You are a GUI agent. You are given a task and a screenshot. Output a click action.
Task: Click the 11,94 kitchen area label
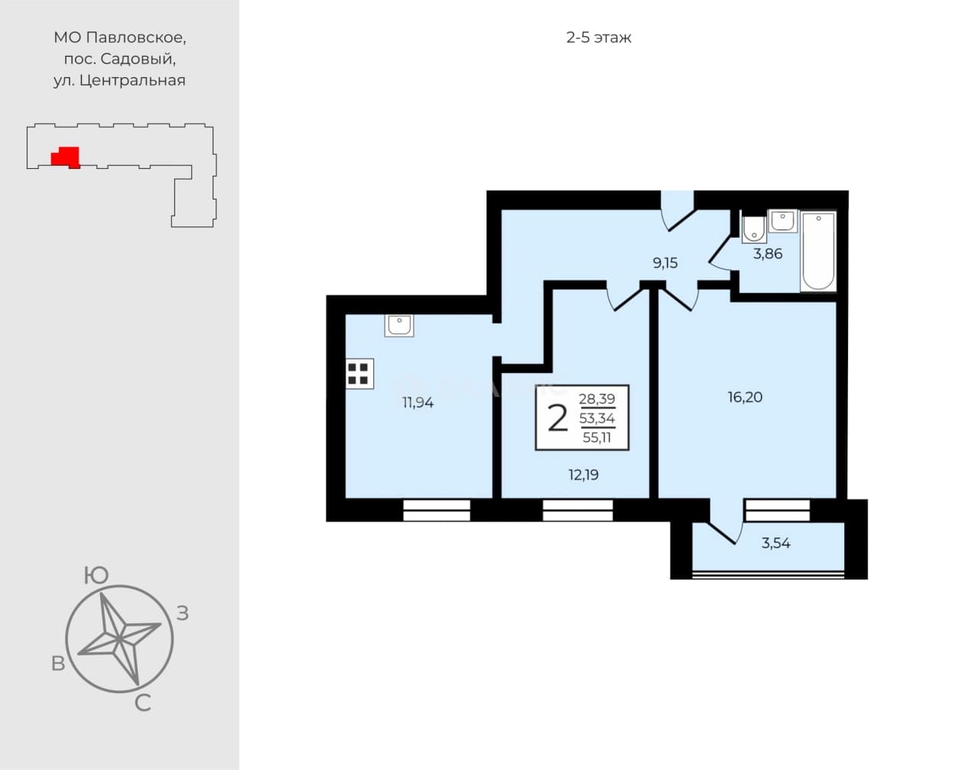[418, 403]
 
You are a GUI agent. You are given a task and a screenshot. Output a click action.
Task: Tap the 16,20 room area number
[745, 397]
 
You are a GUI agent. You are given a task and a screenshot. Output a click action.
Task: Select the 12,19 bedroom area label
[584, 475]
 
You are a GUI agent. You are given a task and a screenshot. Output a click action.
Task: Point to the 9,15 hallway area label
[665, 263]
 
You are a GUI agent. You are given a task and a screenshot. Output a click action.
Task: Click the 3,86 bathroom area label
[768, 254]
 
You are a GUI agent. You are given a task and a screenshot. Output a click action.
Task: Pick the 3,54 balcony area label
[776, 543]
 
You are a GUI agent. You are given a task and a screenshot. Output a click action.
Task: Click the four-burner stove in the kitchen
[359, 373]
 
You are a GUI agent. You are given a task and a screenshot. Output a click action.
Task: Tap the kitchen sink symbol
[399, 325]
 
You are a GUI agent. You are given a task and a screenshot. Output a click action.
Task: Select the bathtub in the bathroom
[818, 252]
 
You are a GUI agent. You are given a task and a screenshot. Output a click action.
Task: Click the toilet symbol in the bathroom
[753, 229]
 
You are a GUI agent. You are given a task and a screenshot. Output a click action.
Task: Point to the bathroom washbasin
[783, 221]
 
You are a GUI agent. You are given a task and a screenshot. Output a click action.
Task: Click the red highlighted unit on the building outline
[66, 158]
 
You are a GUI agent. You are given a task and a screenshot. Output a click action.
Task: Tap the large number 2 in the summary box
[558, 418]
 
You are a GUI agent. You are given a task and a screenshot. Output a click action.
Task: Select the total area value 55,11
[597, 437]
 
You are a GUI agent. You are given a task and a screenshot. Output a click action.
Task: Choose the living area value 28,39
[597, 398]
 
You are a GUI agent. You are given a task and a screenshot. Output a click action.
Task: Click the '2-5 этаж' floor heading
[599, 37]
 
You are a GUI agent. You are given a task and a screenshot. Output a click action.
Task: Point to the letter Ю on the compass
[96, 575]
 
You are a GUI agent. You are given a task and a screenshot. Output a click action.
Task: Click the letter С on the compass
[142, 703]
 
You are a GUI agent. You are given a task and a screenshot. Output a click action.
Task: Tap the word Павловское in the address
[136, 38]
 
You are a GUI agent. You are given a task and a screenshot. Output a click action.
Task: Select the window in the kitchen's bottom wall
[437, 510]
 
